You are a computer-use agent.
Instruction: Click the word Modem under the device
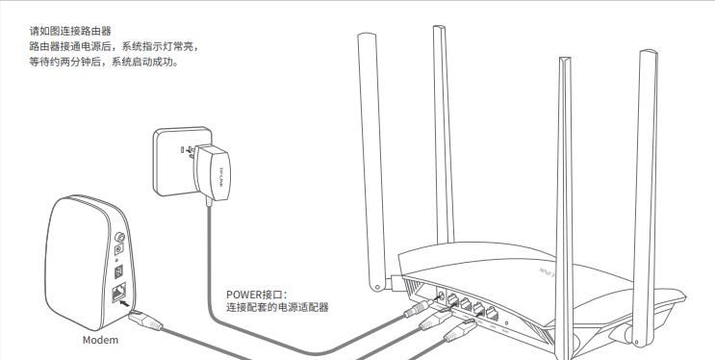(100, 341)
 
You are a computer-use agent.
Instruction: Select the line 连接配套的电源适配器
(277, 308)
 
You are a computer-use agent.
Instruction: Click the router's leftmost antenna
(370, 144)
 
